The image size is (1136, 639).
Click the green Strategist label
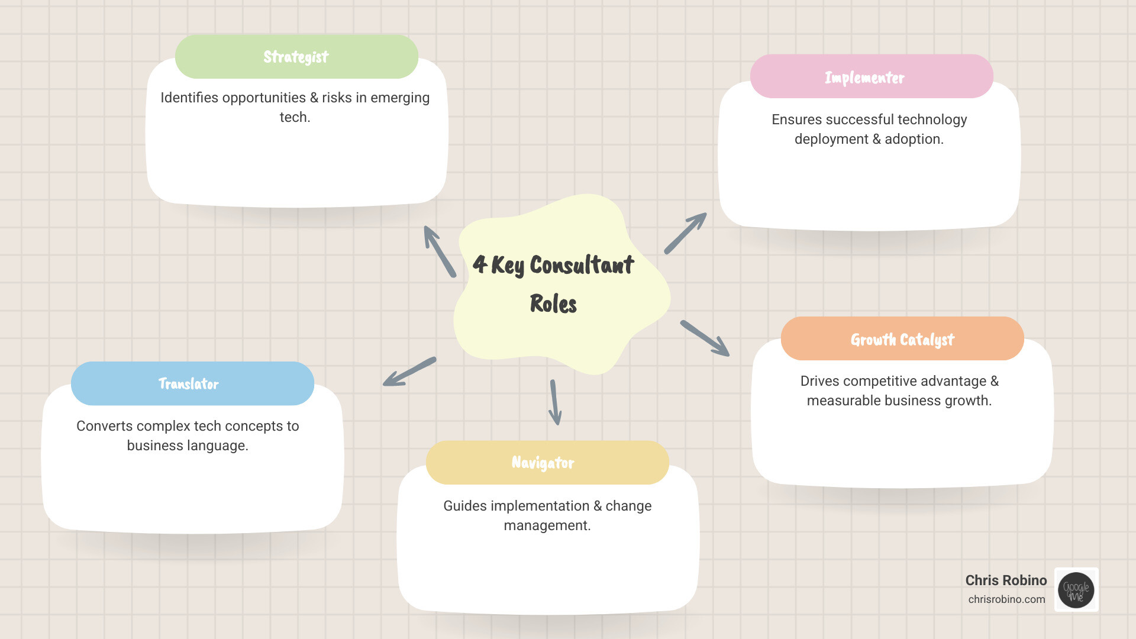[x=296, y=57]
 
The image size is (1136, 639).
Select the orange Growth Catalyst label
[x=902, y=339]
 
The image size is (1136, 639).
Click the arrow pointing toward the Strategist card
[x=439, y=251]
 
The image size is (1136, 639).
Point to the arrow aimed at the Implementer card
[x=686, y=233]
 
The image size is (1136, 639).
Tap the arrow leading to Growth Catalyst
[x=705, y=338]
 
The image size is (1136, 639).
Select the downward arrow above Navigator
[x=555, y=402]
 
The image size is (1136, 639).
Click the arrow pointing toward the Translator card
[x=409, y=372]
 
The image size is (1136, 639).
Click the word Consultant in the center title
[x=582, y=265]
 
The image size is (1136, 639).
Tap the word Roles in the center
[x=553, y=304]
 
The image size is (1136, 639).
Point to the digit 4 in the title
[x=480, y=264]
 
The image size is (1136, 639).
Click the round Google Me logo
[x=1076, y=590]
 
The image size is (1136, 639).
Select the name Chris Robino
[x=1006, y=580]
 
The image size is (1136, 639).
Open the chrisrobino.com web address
[x=1006, y=599]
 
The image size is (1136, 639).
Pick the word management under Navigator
[x=547, y=525]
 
